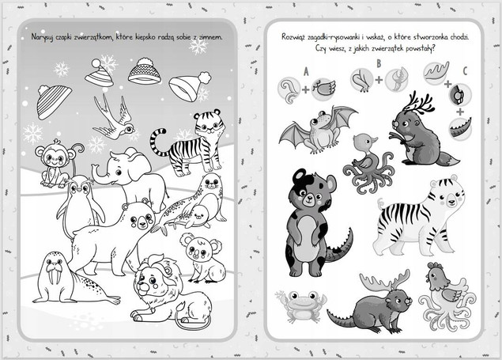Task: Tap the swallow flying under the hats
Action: pyautogui.click(x=114, y=119)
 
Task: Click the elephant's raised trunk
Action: pyautogui.click(x=99, y=175)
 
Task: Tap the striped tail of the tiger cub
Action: pyautogui.click(x=158, y=141)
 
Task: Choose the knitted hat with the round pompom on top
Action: pyautogui.click(x=145, y=71)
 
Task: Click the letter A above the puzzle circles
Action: pyautogui.click(x=306, y=72)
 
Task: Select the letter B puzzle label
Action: pyautogui.click(x=379, y=63)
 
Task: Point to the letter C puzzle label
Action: pyautogui.click(x=465, y=71)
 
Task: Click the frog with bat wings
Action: pyautogui.click(x=319, y=130)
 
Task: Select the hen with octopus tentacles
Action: pyautogui.click(x=447, y=294)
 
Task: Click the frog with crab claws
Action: pyautogui.click(x=301, y=305)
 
